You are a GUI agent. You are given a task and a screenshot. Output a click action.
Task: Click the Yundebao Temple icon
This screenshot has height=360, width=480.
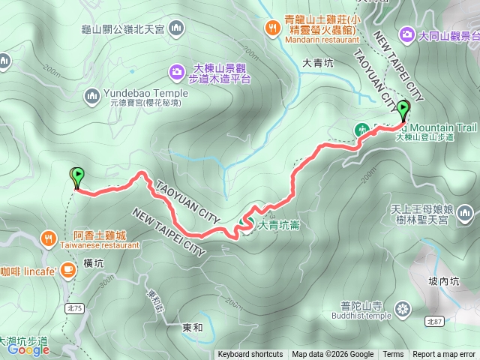91,95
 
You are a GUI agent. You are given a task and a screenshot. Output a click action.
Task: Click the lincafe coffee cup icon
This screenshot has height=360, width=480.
68,268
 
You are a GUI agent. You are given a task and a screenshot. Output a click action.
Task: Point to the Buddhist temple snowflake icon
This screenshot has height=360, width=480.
403,309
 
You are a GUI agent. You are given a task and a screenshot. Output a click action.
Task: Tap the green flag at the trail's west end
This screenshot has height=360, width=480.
76,176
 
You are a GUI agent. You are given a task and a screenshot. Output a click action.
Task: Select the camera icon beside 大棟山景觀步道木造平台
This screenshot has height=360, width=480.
176,72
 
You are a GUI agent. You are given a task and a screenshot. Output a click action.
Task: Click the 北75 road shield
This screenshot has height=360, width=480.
73,286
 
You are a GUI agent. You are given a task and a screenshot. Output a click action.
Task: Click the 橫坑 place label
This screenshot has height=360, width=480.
94,263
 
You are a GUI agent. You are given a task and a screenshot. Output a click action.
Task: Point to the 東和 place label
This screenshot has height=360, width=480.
192,328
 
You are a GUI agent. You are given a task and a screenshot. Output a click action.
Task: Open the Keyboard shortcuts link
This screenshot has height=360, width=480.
250,355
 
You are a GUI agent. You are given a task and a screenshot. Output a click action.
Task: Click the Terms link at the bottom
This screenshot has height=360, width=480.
392,355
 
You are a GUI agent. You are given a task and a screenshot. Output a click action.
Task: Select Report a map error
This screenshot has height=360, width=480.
444,355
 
